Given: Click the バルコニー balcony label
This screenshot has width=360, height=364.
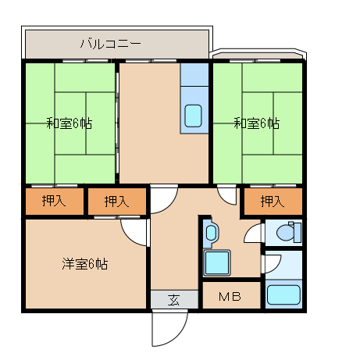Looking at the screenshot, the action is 110,44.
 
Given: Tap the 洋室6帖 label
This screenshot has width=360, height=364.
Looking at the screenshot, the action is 84,264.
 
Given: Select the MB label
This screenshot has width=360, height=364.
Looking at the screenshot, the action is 230,296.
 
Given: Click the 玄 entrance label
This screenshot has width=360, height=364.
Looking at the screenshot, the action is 173,299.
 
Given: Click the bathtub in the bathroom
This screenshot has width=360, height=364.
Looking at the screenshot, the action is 283,294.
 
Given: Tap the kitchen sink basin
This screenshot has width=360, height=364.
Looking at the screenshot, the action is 193,116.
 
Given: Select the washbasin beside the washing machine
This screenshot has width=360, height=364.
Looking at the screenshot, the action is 211,233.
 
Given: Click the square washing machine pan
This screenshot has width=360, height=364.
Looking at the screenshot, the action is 217,262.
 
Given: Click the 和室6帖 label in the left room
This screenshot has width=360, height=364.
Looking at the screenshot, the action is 70,123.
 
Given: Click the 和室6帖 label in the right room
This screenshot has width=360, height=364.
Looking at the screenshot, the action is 257,123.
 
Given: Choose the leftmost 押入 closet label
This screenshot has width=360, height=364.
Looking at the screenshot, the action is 54,201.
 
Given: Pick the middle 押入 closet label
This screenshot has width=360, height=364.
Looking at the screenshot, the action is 116,202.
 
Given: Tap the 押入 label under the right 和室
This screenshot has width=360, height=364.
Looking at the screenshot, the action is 273,201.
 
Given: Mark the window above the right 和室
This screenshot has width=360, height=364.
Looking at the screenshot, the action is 255,61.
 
